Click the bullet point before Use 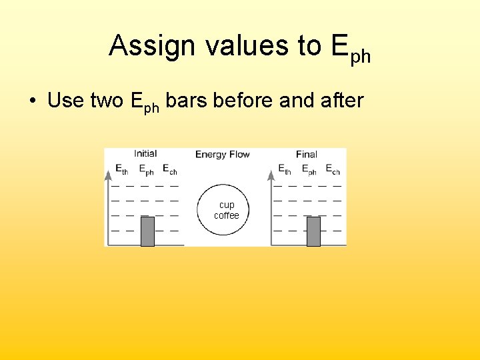[x=32, y=101]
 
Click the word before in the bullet [x=245, y=101]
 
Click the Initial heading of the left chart [x=145, y=154]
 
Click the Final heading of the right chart [x=307, y=155]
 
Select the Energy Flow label [x=223, y=155]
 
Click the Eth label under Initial [x=121, y=170]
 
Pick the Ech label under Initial [x=170, y=170]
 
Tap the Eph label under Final [x=309, y=171]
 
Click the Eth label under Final [x=284, y=171]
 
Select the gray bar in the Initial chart [x=147, y=231]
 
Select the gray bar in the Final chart [x=313, y=231]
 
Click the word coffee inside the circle [x=227, y=215]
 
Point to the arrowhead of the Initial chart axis [x=108, y=175]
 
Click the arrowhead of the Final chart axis [x=271, y=175]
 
